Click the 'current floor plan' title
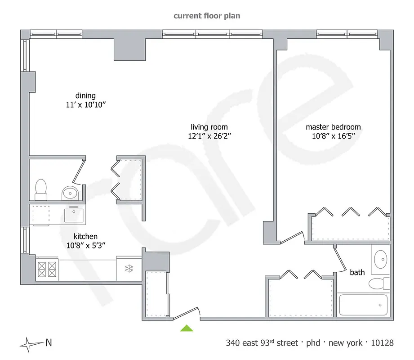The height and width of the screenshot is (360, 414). (x=207, y=16)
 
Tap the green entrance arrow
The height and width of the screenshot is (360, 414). (x=187, y=328)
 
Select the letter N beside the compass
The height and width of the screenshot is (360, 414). (x=49, y=343)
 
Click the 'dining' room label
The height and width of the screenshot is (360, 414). (x=85, y=95)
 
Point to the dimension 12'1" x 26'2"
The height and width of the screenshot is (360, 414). (x=209, y=135)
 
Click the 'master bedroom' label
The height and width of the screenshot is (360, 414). (x=333, y=127)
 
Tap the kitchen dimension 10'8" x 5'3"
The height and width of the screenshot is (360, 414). (x=85, y=245)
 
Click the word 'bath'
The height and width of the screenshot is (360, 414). (x=357, y=272)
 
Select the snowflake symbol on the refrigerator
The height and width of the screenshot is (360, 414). (x=129, y=269)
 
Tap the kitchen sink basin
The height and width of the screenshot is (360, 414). (x=74, y=215)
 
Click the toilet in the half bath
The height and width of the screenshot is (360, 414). (x=41, y=189)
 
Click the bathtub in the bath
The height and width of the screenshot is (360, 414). (x=363, y=305)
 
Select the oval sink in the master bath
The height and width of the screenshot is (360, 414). (x=381, y=259)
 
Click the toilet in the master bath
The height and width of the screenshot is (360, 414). (x=378, y=283)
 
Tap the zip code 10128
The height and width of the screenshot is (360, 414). (x=382, y=343)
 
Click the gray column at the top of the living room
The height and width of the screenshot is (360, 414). (x=130, y=49)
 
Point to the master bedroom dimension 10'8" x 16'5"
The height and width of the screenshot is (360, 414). (x=333, y=135)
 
